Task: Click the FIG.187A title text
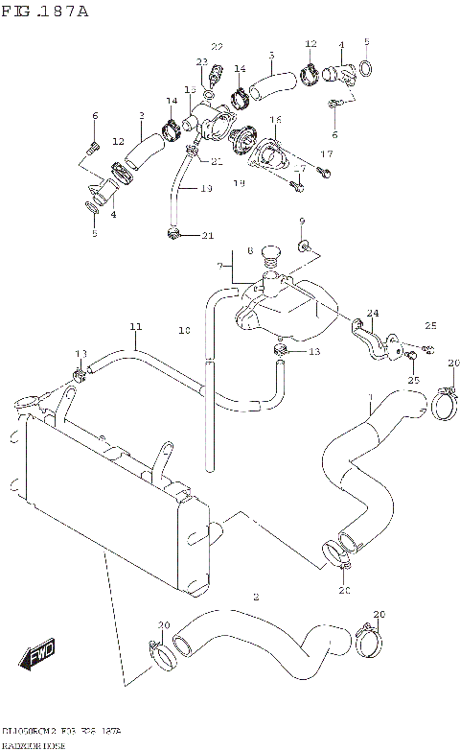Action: (x=45, y=11)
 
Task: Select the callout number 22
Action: (x=217, y=47)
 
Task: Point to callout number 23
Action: (x=201, y=62)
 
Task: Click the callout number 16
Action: (x=275, y=120)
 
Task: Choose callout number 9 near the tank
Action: (x=302, y=222)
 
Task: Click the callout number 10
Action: (x=184, y=331)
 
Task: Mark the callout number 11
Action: (x=136, y=328)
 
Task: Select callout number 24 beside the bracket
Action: (x=372, y=313)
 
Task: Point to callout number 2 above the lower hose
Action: (x=256, y=597)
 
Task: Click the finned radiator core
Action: (x=105, y=508)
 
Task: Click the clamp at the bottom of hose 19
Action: (x=173, y=233)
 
